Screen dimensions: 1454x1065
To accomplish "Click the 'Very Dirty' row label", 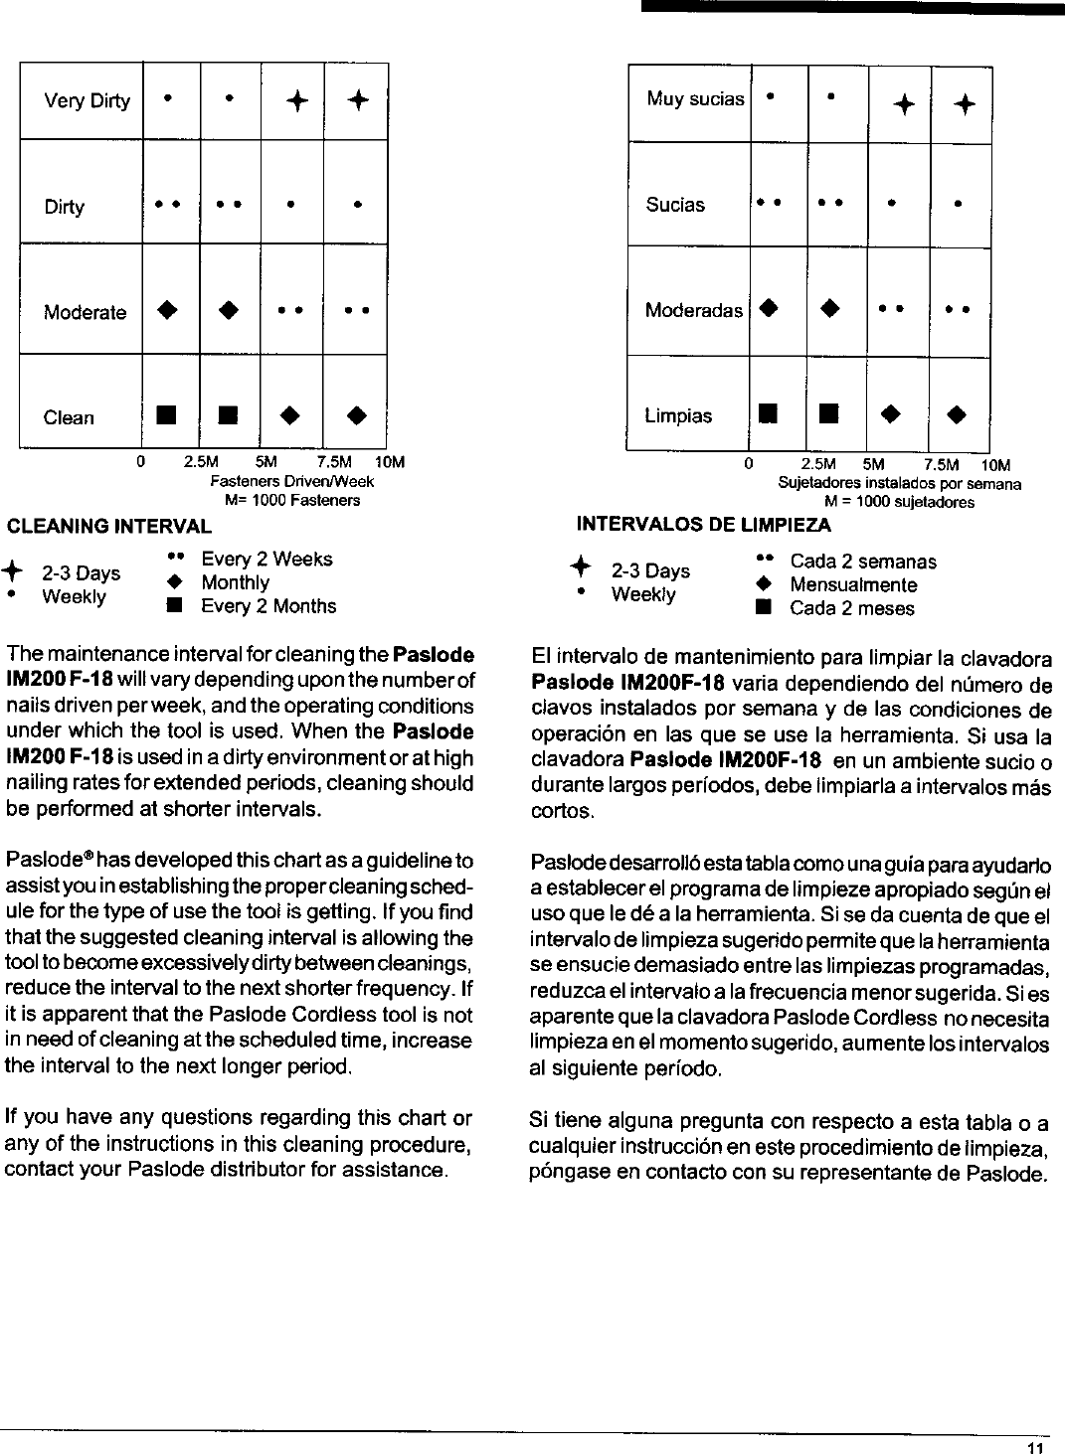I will coord(87,101).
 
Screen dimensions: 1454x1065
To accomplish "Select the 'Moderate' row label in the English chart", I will coord(85,313).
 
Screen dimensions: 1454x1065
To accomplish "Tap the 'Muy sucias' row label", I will coord(694,98).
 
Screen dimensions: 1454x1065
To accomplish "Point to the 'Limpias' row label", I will coord(678,415).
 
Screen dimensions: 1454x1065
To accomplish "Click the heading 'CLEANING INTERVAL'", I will coord(109,526).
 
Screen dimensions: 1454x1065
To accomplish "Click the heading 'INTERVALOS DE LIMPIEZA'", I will coord(703,524).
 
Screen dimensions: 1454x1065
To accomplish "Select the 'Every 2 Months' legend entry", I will coord(268,606).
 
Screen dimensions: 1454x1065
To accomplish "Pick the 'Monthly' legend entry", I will coord(235,582).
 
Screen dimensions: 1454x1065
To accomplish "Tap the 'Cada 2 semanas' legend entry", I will coord(862,562).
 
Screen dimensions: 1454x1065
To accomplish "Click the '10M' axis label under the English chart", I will coord(390,463).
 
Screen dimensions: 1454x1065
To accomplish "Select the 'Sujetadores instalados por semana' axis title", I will coord(899,485).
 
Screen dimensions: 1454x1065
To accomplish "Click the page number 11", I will coord(1037,1447).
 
